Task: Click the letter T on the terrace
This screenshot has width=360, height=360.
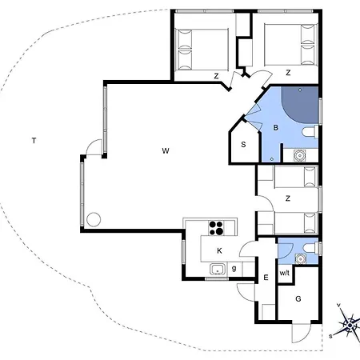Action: click(x=34, y=141)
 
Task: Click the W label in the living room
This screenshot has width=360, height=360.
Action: click(x=166, y=151)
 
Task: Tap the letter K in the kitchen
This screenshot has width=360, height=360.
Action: click(x=219, y=250)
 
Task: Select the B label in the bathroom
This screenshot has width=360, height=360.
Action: click(x=276, y=128)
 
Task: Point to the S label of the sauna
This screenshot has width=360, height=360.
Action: click(x=243, y=145)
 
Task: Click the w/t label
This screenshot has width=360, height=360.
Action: click(x=285, y=273)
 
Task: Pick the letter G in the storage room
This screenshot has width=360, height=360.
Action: click(x=298, y=298)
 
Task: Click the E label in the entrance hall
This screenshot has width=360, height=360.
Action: click(x=266, y=278)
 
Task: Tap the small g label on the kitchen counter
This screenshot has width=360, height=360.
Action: click(x=234, y=268)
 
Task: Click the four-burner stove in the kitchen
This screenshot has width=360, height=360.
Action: click(x=216, y=228)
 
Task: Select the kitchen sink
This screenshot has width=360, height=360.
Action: click(x=218, y=270)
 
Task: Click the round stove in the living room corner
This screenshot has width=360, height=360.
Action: click(x=94, y=219)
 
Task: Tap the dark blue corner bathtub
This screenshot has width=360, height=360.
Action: click(x=300, y=105)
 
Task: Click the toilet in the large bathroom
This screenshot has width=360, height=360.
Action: click(x=310, y=132)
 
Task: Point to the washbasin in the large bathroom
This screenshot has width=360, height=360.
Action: click(x=300, y=155)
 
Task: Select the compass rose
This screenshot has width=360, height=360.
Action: click(x=349, y=325)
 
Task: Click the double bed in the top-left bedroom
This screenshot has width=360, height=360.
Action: click(x=202, y=50)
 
